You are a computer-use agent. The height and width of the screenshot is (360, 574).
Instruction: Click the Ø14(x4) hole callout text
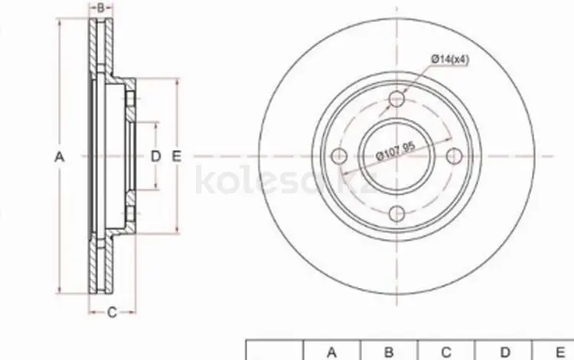pos(450,59)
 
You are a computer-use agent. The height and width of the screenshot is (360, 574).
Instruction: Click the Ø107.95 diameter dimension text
pos(396,151)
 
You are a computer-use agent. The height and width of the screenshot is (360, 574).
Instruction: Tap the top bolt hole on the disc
pos(396,99)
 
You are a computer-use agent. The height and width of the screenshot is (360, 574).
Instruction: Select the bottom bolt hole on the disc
pos(396,214)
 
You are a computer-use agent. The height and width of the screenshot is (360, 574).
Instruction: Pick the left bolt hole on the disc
pos(339,156)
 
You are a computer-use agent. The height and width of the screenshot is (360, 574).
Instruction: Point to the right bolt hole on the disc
pos(455,156)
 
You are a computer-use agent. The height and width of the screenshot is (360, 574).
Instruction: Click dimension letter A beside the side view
pos(59,157)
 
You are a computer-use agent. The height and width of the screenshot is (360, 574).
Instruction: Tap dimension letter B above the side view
pos(101,8)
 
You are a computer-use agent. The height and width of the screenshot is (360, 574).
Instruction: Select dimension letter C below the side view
pos(112,313)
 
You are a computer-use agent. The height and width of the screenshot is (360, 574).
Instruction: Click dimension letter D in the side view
pos(156,156)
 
